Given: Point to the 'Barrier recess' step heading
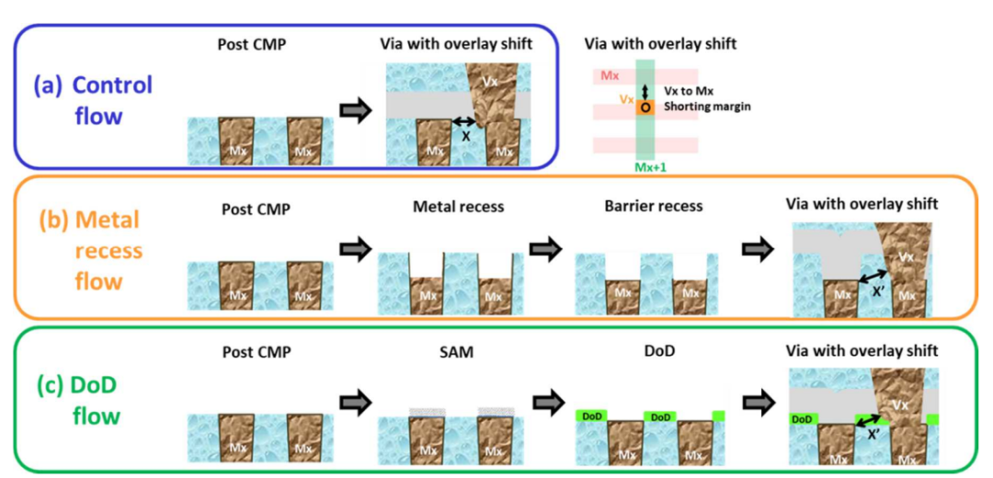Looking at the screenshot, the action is (x=646, y=207).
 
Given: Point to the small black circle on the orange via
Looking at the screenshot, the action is (x=645, y=108).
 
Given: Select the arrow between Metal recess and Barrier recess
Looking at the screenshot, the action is (x=546, y=251).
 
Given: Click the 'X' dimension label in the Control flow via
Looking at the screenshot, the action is (x=465, y=135).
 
